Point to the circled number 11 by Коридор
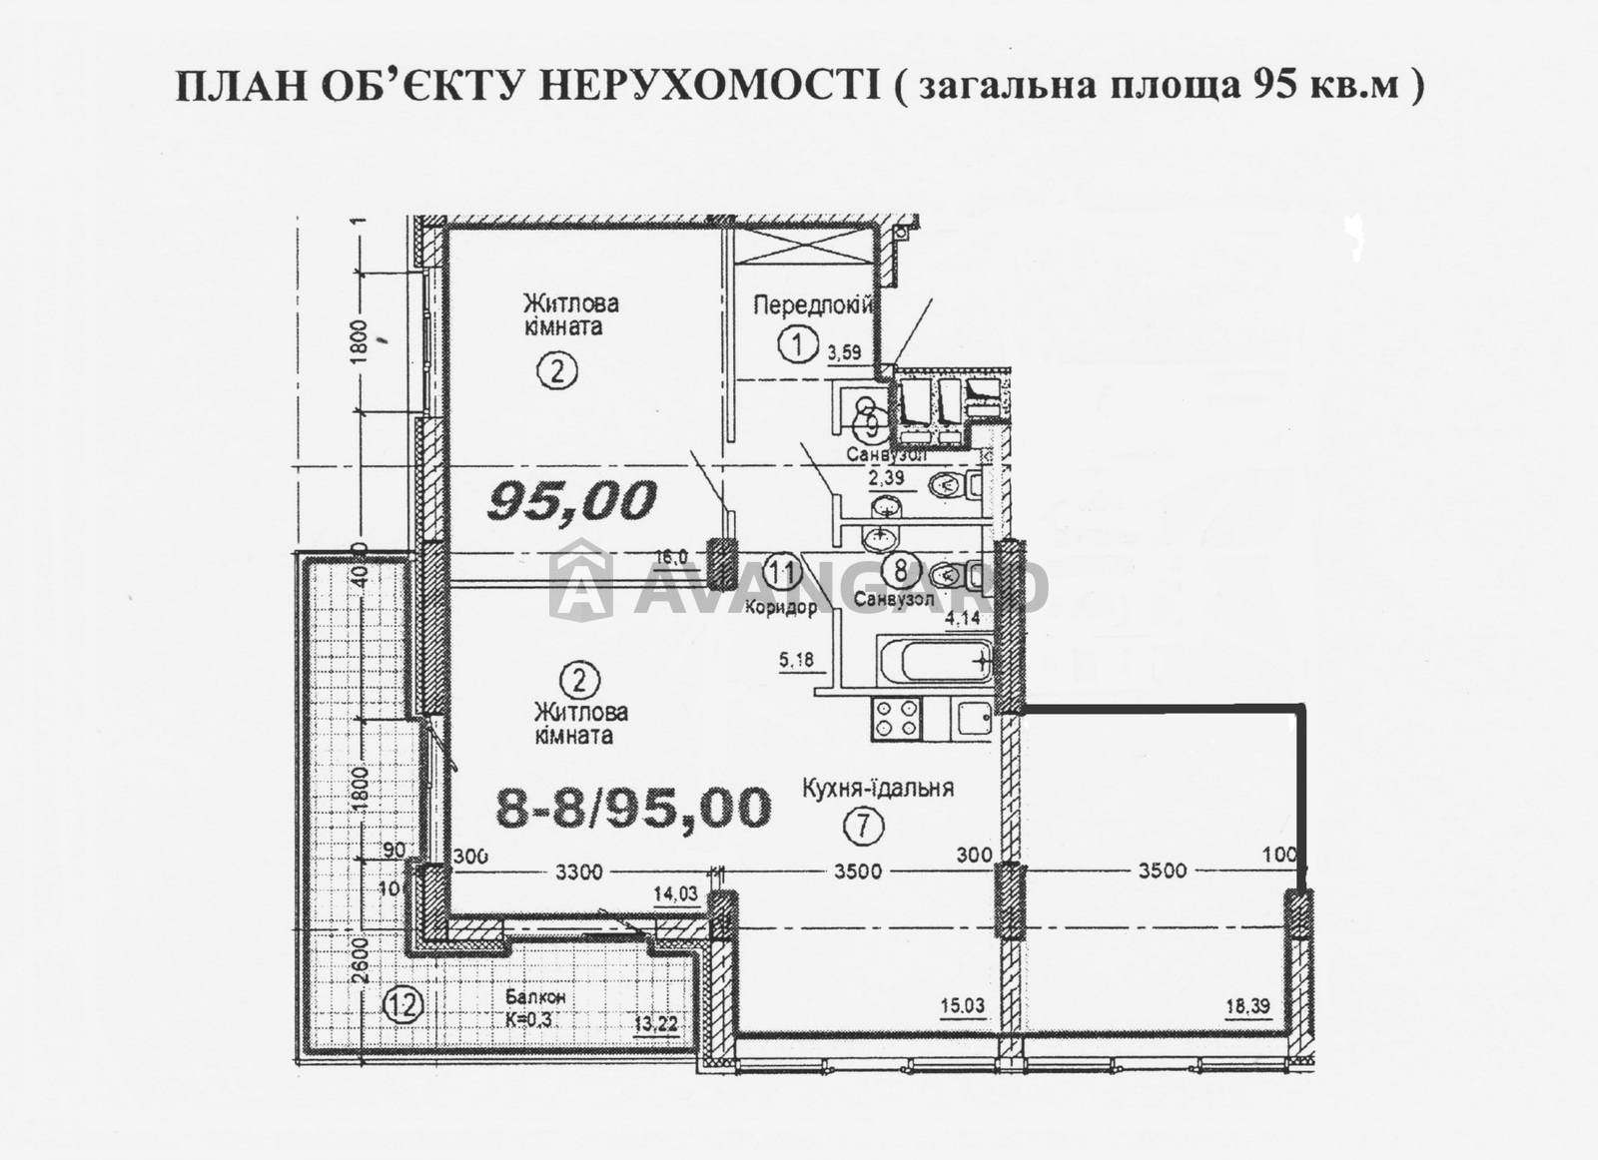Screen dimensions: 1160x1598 [x=783, y=572]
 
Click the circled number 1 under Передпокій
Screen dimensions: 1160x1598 [x=796, y=346]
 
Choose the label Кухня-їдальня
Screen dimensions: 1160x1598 [x=877, y=789]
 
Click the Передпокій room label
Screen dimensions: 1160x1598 [x=813, y=305]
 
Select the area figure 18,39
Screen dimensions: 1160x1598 [x=1247, y=1008]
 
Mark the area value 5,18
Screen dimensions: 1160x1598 [x=796, y=660]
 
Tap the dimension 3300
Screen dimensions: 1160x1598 [x=579, y=872]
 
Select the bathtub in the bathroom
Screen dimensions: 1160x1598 [x=934, y=661]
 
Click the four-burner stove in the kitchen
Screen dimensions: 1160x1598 [x=896, y=719]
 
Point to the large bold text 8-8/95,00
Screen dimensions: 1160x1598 [x=633, y=808]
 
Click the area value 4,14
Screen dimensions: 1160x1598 [x=963, y=619]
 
